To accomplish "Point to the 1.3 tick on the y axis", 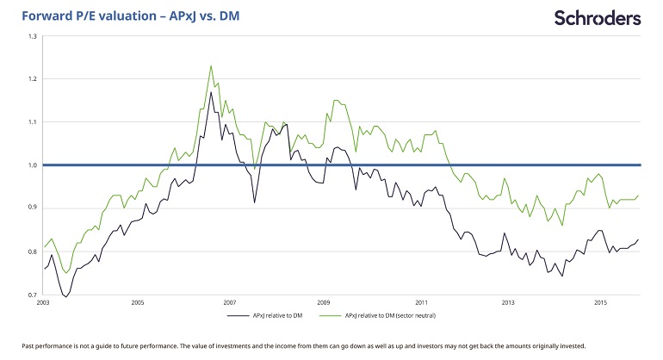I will click(x=32, y=37).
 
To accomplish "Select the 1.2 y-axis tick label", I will click(x=32, y=79).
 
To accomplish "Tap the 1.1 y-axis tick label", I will click(x=32, y=122).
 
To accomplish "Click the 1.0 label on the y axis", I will click(x=32, y=165).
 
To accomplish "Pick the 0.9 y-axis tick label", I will click(x=32, y=208).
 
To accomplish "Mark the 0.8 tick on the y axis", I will click(x=32, y=251).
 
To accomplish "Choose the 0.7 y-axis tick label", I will click(x=32, y=294).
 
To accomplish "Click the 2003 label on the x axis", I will click(x=43, y=303).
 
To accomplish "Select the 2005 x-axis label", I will click(x=137, y=303).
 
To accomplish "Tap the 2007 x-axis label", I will click(x=230, y=303).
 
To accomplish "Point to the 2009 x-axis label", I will click(x=324, y=303).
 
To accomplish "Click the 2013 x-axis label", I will click(x=508, y=303).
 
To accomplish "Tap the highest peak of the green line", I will click(x=211, y=65).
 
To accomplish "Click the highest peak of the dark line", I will click(x=211, y=92).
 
